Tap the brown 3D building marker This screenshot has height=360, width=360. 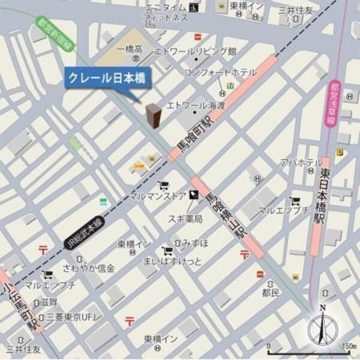[x=154, y=115]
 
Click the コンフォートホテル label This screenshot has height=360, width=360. [x=220, y=73]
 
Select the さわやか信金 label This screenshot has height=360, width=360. [x=89, y=268]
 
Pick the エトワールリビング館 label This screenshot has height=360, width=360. [x=196, y=51]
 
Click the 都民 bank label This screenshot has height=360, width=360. [x=271, y=293]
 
